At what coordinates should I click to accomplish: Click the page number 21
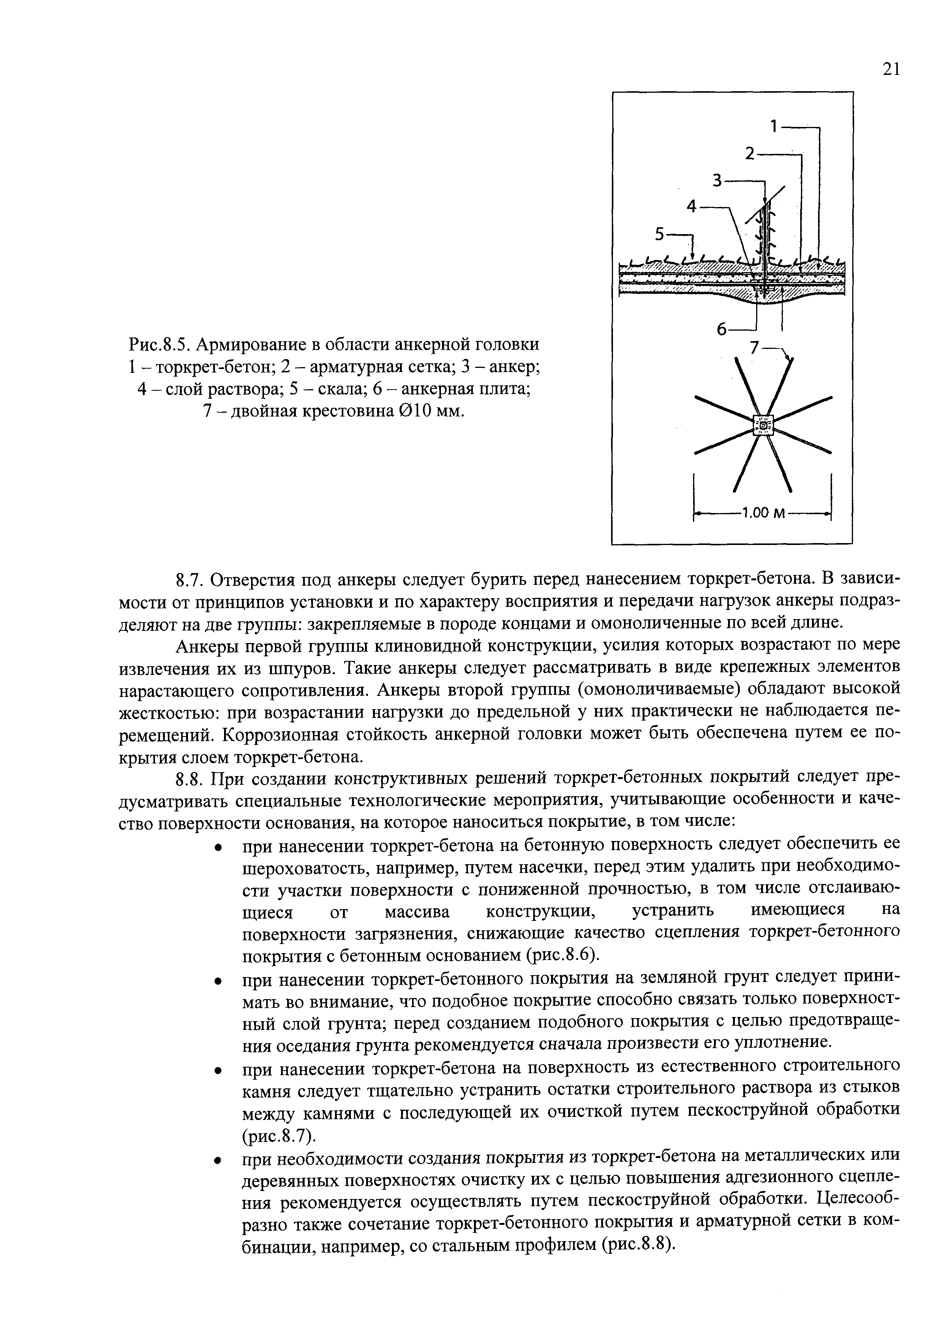point(891,69)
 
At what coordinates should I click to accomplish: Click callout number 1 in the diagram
point(774,125)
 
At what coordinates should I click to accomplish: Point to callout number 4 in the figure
point(692,206)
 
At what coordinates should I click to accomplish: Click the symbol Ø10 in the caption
point(416,411)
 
